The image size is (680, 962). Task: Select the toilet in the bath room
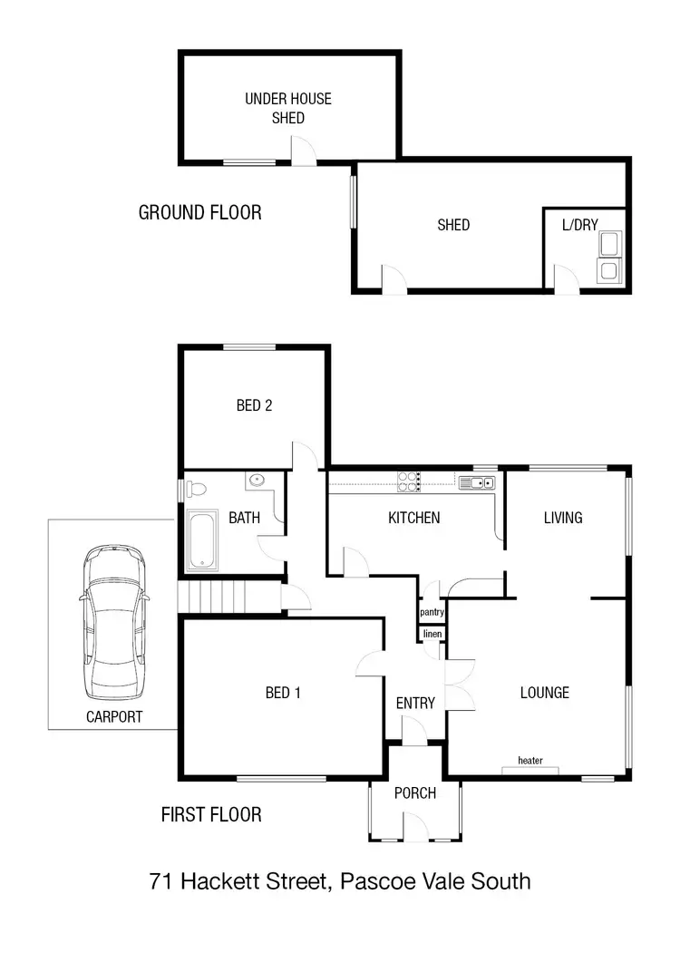197,490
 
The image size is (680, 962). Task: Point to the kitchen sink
475,482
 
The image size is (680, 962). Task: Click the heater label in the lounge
530,760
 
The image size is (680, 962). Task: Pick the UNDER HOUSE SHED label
287,108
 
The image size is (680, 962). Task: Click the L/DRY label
580,225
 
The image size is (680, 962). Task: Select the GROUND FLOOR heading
199,212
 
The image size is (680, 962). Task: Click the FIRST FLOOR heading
211,814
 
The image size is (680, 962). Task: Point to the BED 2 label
254,405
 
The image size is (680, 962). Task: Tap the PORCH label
415,793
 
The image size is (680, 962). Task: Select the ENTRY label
415,703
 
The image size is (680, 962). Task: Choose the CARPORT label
114,716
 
